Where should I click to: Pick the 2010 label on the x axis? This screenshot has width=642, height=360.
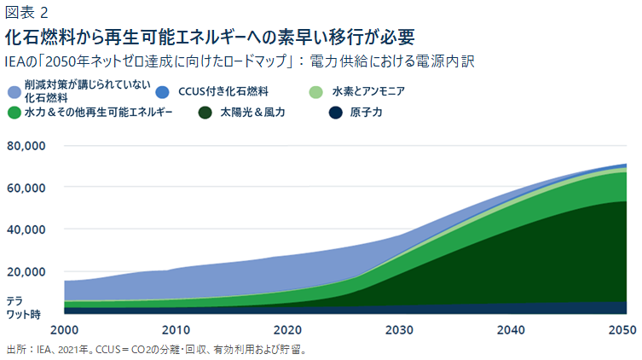click(x=176, y=330)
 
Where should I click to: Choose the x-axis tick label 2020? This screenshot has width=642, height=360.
click(x=287, y=330)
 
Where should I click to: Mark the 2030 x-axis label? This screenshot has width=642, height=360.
click(x=401, y=330)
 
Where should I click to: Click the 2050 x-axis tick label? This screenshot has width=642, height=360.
click(x=622, y=330)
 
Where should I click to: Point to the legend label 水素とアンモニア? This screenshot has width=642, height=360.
click(x=368, y=91)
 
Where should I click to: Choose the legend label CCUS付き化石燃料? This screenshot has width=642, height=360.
click(x=225, y=91)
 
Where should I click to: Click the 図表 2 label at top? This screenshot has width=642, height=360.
click(x=26, y=12)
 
